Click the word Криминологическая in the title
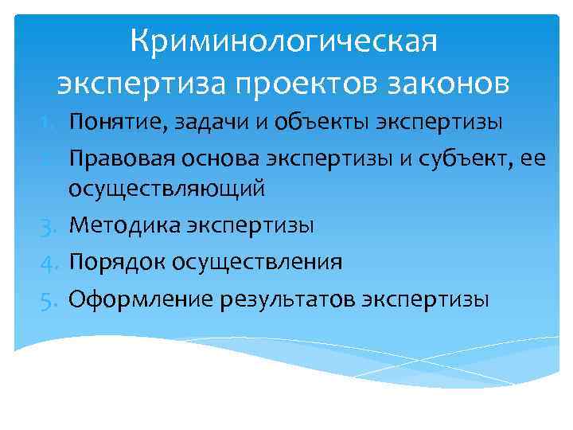pyautogui.click(x=284, y=41)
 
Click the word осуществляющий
pyautogui.click(x=167, y=190)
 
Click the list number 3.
pyautogui.click(x=47, y=226)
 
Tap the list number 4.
pyautogui.click(x=47, y=263)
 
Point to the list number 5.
pyautogui.click(x=47, y=299)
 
